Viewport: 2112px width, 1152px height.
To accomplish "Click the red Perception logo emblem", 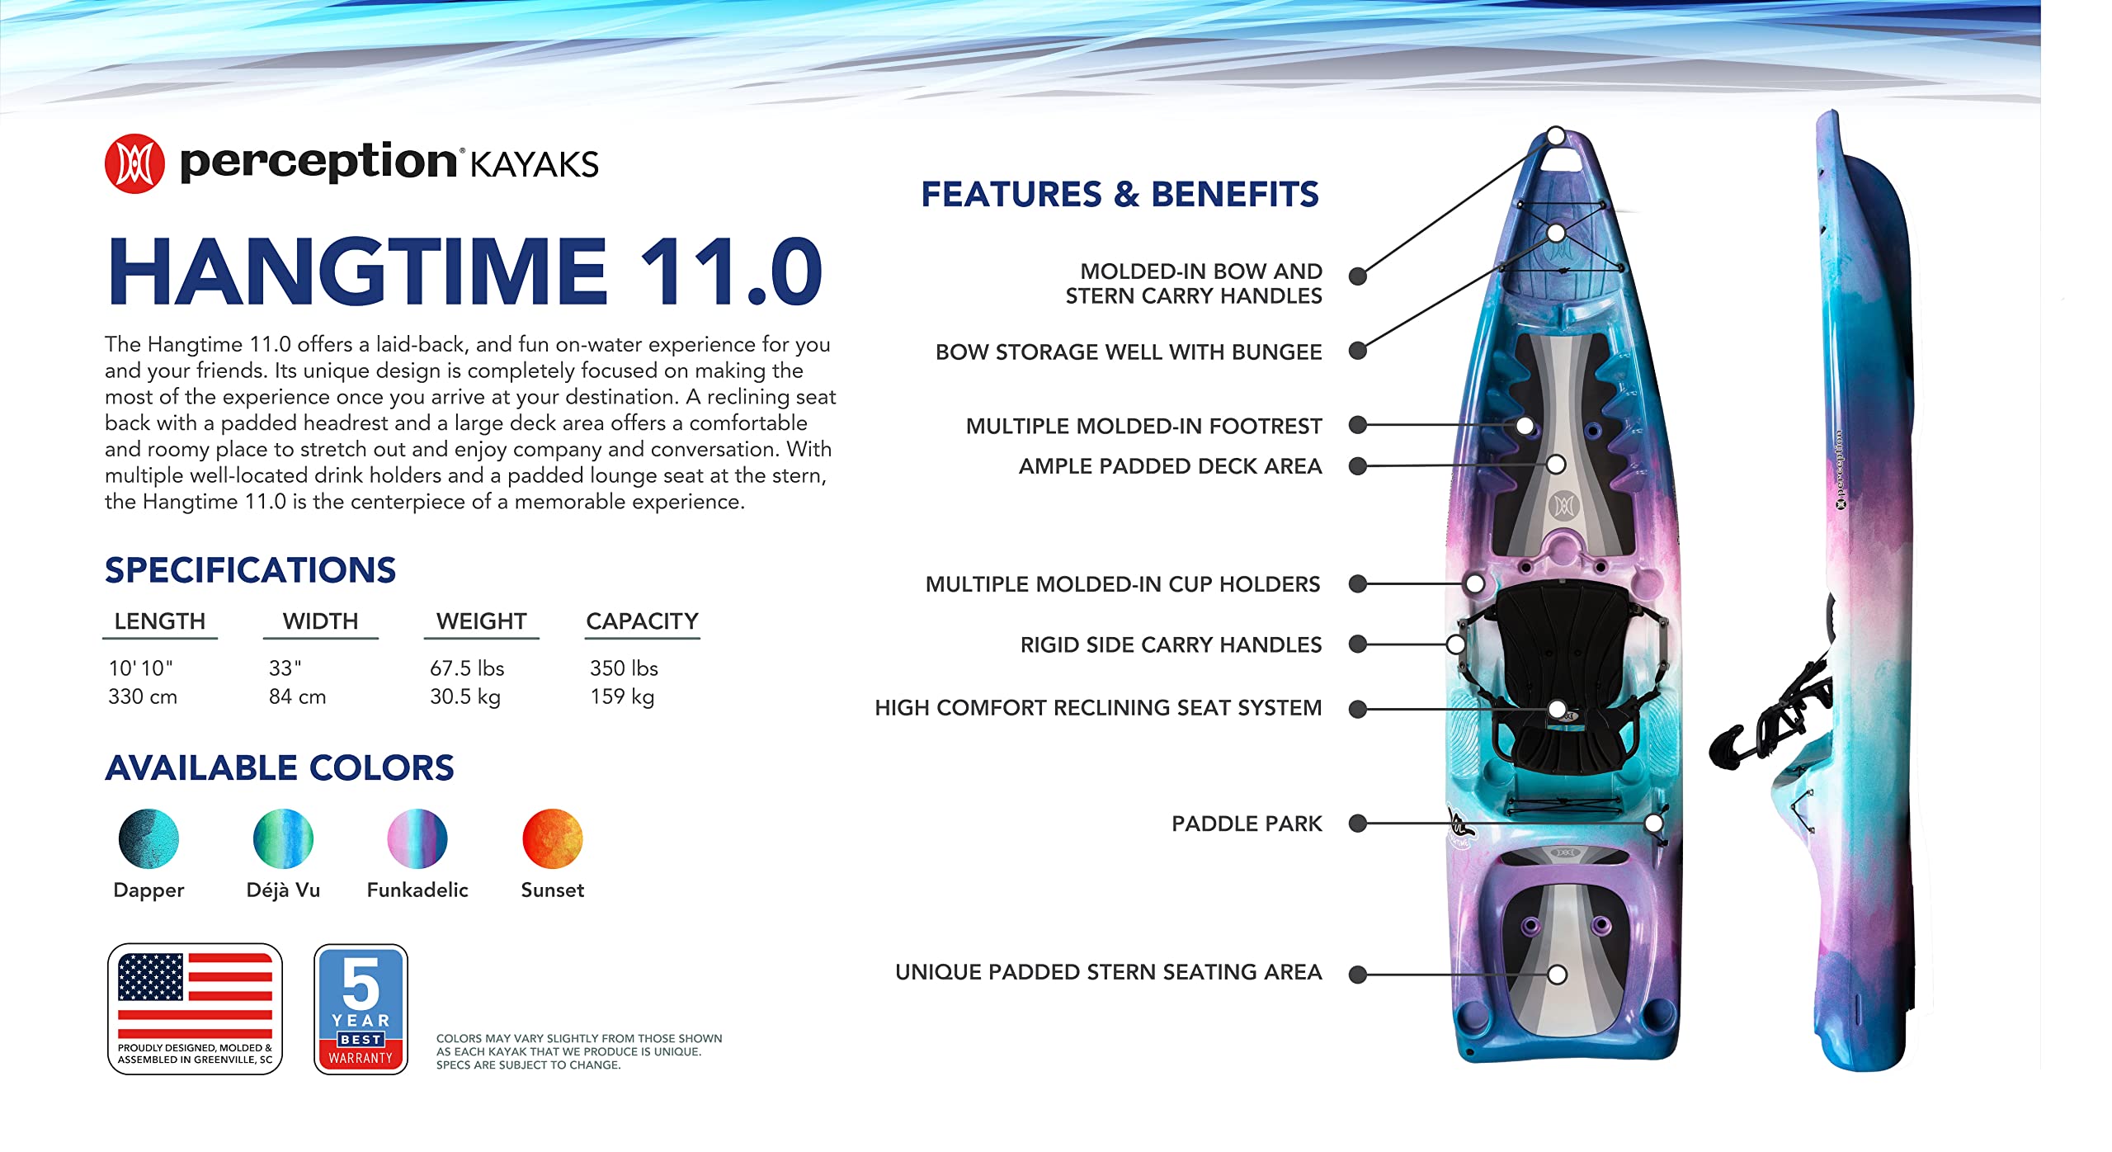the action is pos(134,163).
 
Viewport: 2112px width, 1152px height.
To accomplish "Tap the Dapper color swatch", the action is pos(148,838).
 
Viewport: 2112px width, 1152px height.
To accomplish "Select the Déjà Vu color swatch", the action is pos(283,838).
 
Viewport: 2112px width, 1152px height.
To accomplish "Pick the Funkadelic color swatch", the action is pos(417,838).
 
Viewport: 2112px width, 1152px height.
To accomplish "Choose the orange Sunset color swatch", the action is pos(553,838).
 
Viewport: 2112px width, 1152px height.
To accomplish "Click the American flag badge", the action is pos(195,1008).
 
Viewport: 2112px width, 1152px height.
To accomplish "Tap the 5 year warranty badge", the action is pos(361,1008).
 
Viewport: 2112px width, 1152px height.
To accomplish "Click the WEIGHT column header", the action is pos(481,621).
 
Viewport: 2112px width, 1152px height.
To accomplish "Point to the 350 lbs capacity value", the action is pos(624,668).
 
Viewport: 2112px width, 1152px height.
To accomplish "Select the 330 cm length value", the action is pos(143,696).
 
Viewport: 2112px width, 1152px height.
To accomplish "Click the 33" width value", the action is pos(285,668).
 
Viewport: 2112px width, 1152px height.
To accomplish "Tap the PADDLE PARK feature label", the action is pos(1246,824).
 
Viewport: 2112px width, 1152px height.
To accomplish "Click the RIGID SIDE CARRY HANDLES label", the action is pos(1171,644).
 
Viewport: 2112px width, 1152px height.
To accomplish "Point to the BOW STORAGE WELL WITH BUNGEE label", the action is pos(1128,352).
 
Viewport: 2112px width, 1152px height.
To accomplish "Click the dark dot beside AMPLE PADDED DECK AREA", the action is pos(1357,466).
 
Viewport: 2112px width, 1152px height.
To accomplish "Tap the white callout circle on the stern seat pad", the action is pos(1557,975).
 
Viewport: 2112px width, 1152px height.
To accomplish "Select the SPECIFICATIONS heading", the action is pos(250,570).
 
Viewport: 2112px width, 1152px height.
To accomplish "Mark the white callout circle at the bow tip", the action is pos(1555,135).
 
